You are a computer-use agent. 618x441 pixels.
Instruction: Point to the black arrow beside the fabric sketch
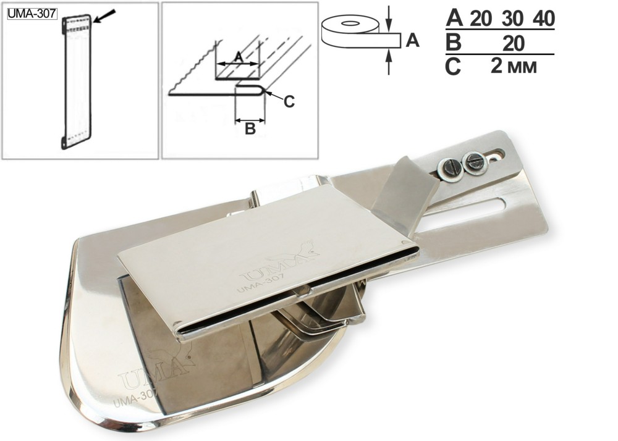105,17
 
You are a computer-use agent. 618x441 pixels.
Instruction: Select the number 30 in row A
513,19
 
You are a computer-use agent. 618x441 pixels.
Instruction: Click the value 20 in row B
513,43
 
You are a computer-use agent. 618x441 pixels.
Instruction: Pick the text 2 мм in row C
514,66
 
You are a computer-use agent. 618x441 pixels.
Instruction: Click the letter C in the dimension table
453,67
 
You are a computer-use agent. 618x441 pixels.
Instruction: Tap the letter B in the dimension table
453,43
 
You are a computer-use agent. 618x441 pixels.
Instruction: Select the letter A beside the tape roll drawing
412,40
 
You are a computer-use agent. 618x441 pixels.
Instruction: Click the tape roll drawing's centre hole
350,23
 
